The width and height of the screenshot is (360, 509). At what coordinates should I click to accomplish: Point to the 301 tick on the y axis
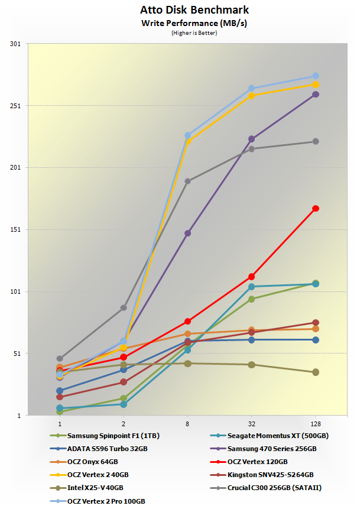(x=15, y=44)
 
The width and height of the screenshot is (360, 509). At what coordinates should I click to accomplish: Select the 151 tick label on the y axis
(x=15, y=229)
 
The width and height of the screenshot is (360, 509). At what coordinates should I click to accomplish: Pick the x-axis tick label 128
(x=315, y=424)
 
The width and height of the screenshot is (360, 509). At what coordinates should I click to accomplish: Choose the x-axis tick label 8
(x=187, y=424)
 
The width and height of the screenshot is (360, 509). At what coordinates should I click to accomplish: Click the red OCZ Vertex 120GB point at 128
(x=316, y=208)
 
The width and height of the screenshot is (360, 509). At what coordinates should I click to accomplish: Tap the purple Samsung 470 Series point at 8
(x=187, y=234)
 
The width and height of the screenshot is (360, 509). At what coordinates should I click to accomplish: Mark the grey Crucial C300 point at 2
(x=124, y=307)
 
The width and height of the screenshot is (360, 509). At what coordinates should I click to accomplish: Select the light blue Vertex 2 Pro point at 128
(x=316, y=76)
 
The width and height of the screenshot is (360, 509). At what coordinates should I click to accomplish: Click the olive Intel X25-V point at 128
(x=316, y=372)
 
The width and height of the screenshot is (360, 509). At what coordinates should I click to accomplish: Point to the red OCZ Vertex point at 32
(x=252, y=277)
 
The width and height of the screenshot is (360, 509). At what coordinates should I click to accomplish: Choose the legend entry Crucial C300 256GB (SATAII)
(x=265, y=488)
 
